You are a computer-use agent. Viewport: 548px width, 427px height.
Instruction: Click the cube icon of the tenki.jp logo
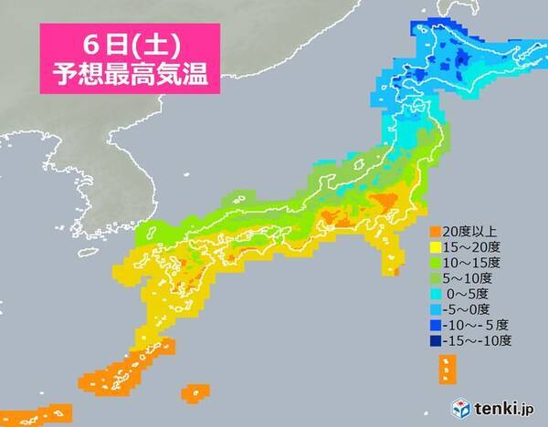440,405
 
